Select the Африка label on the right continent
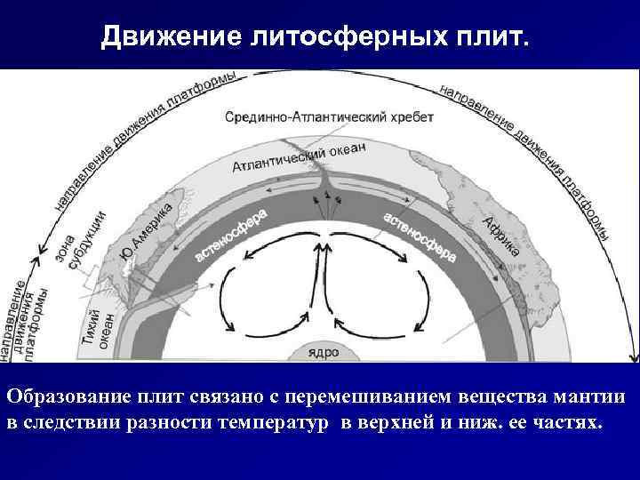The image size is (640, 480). click(x=501, y=236)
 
